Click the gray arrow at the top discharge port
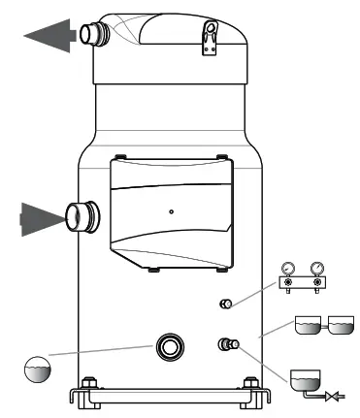coord(49,36)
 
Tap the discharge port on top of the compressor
coord(92,36)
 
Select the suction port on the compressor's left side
coord(80,215)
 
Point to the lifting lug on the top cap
coord(208,36)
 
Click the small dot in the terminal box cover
coord(170,209)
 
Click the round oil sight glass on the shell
coord(171,346)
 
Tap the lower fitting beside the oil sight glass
coord(229,342)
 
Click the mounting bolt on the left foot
coord(89,383)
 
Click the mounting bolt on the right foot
coord(251,383)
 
